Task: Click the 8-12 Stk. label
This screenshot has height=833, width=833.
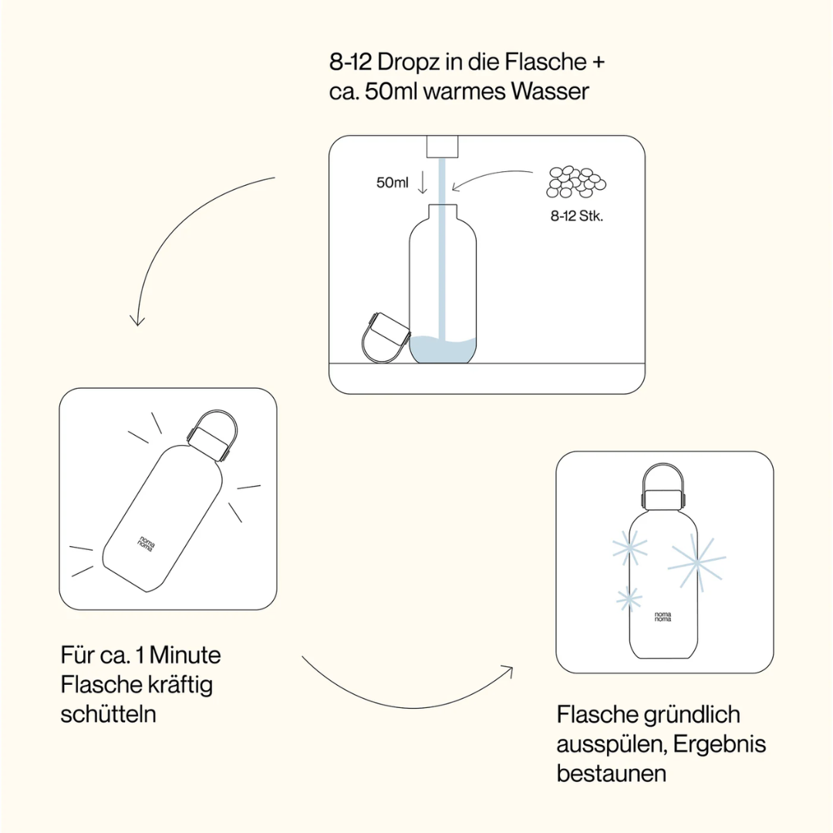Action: point(577,216)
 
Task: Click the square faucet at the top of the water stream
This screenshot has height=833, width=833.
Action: point(443,147)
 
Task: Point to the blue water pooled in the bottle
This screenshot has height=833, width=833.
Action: point(443,351)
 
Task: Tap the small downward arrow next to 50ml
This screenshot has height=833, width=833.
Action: point(422,183)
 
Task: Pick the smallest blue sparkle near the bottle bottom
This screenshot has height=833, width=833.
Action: point(629,599)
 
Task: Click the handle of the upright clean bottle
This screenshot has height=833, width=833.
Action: point(663,478)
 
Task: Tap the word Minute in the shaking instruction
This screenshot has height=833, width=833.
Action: point(185,656)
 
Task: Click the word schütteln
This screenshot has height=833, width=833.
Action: point(108,713)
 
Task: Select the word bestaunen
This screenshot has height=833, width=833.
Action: point(612,773)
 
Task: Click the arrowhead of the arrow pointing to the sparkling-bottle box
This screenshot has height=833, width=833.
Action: point(509,668)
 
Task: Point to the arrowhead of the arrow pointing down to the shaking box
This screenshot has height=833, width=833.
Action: point(137,319)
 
